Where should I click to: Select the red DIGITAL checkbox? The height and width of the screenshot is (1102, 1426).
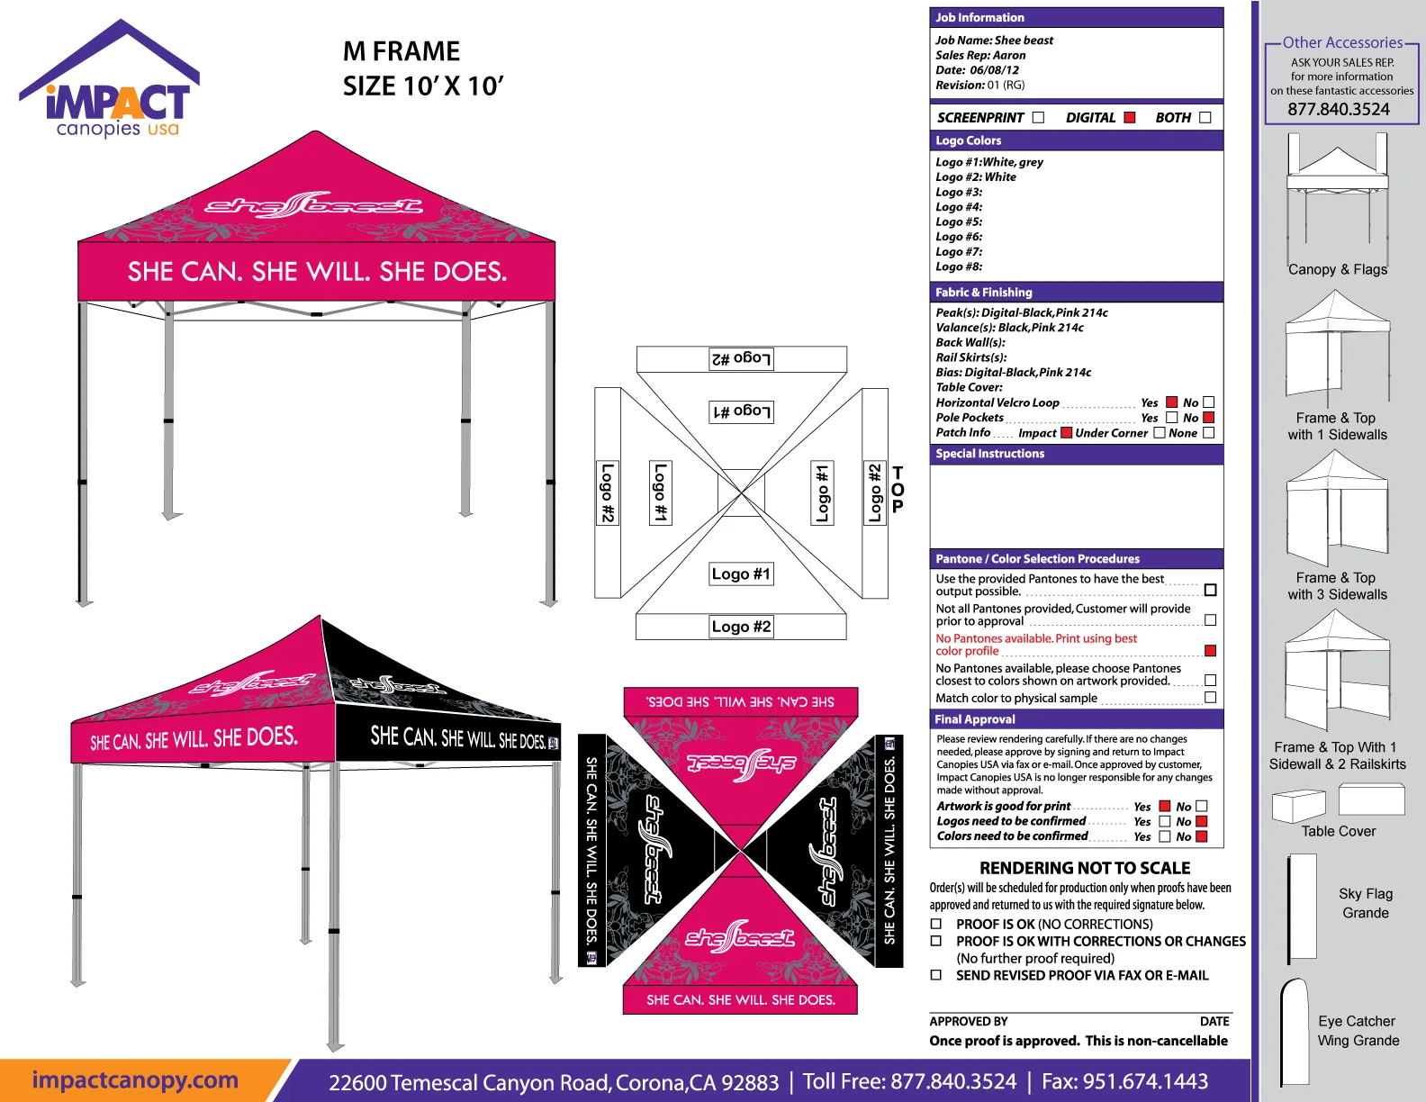coord(1130,118)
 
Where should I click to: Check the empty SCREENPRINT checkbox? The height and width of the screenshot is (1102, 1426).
coord(1039,118)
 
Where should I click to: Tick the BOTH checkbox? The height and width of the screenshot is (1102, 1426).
coord(1205,118)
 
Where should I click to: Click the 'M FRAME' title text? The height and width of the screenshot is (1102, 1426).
coord(402,51)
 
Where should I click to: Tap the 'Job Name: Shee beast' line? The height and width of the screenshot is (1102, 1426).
coord(994,41)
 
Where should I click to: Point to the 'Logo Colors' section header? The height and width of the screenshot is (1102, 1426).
coord(968,140)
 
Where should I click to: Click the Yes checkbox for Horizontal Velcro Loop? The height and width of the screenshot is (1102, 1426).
coord(1172,402)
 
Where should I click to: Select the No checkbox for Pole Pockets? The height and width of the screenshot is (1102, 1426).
coord(1209,418)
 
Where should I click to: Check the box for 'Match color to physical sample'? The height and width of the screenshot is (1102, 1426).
coord(1210,698)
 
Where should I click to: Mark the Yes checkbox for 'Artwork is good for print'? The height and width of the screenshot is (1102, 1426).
coord(1165,807)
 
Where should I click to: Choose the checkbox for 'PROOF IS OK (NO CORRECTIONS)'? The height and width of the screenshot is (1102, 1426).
coord(936,925)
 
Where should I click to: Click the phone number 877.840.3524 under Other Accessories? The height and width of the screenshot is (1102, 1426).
coord(1339,110)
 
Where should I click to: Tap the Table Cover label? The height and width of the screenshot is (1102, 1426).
coord(1339,832)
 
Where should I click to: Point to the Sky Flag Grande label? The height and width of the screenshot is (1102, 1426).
coord(1366,903)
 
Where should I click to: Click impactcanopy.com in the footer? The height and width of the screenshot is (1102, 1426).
coord(135,1080)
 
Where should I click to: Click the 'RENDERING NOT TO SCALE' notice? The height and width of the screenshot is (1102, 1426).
coord(1085,868)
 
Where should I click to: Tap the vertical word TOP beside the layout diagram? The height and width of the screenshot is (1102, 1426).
coord(898,490)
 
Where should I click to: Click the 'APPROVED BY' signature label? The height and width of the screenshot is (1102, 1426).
coord(969,1022)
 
